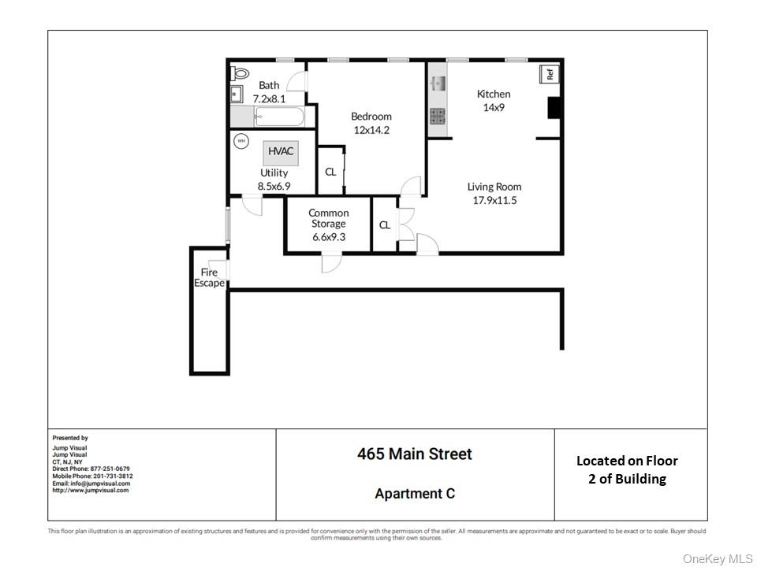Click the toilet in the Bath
(x=240, y=74)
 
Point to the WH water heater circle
(x=241, y=142)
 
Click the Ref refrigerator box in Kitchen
(x=550, y=75)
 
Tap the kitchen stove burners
(x=438, y=117)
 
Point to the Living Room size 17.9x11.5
(x=494, y=200)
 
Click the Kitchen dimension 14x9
(x=494, y=107)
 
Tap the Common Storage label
(x=328, y=218)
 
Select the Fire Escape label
(x=210, y=278)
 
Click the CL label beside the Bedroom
(x=330, y=172)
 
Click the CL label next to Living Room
(x=384, y=225)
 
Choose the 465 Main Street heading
(x=415, y=454)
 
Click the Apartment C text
(x=415, y=494)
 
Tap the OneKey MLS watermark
(x=718, y=558)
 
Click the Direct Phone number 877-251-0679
(x=110, y=469)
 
